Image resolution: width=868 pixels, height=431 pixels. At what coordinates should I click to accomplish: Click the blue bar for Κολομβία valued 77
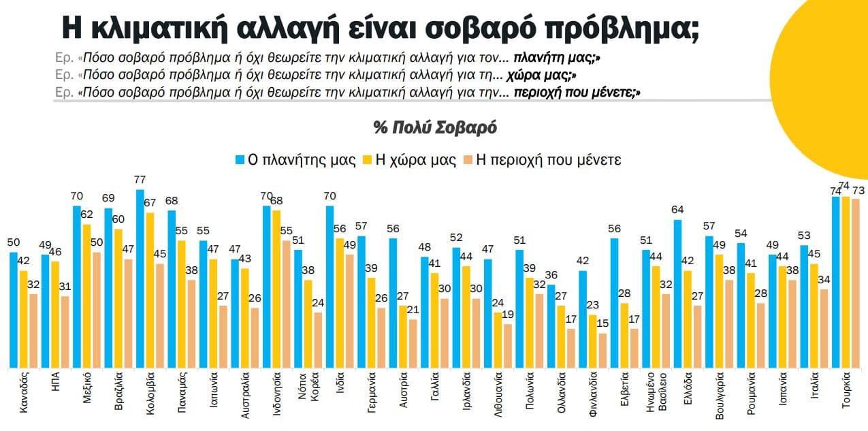[x=140, y=278]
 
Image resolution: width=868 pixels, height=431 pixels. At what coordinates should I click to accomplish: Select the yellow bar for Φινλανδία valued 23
[x=593, y=341]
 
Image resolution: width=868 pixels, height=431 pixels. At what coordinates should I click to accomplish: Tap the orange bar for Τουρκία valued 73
[x=856, y=283]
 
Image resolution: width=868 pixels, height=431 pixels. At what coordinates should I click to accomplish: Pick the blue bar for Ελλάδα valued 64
[x=678, y=293]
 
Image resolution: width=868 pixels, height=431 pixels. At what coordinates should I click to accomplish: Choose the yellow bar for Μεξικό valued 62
[x=87, y=296]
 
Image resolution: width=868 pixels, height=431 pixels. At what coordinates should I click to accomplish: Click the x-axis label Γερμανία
[x=372, y=395]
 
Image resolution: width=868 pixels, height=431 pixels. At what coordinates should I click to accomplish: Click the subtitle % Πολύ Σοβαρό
[x=435, y=127]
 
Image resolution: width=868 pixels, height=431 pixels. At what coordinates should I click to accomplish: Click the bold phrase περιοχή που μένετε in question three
[x=576, y=92]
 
